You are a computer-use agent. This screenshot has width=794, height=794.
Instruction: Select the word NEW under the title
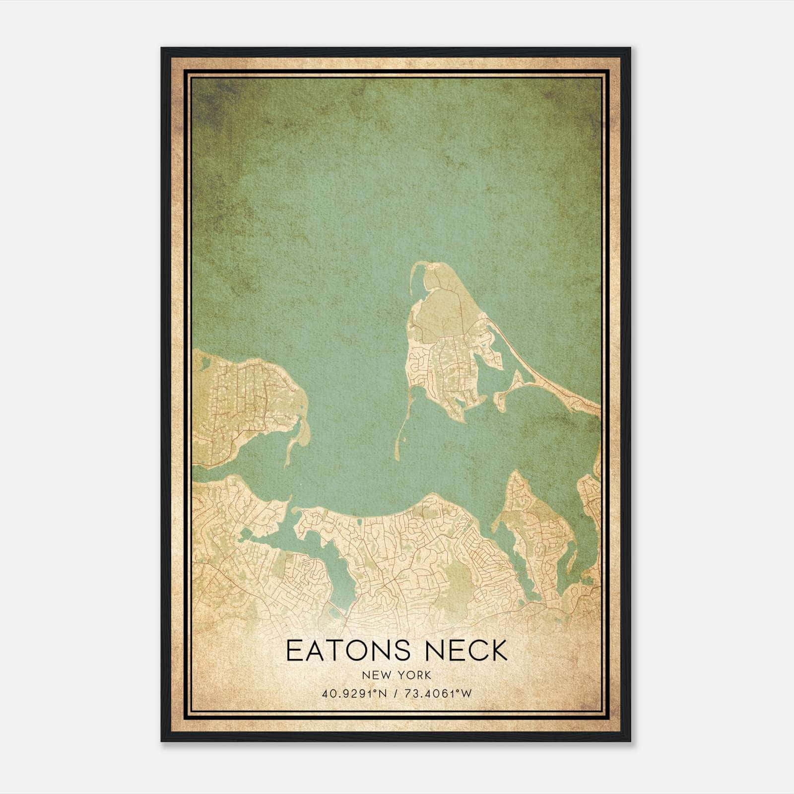[376, 675]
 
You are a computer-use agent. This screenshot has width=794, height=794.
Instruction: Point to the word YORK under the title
[415, 675]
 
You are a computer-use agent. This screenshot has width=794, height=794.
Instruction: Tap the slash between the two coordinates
[396, 693]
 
